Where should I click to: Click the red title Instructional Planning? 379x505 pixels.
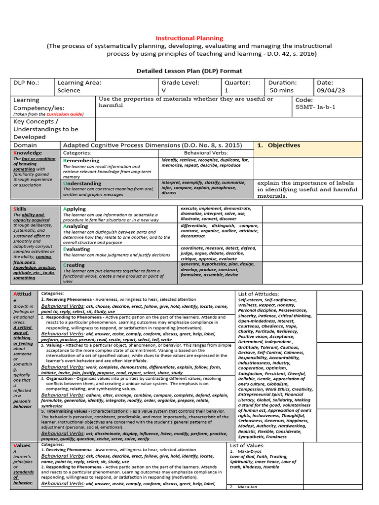[x=189, y=38]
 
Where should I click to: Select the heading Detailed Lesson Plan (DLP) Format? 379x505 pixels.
[x=189, y=71]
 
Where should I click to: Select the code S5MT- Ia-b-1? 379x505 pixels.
[x=315, y=107]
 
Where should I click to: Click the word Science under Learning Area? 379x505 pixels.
[x=69, y=90]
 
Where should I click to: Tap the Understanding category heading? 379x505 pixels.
[x=83, y=183]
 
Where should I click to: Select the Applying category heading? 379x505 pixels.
[x=75, y=209]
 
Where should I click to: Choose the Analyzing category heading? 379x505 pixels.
[x=76, y=226]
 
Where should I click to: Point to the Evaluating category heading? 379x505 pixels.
[x=76, y=249]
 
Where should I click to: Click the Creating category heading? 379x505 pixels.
[x=74, y=265]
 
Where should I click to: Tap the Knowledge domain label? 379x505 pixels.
[x=28, y=153]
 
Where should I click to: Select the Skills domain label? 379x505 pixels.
[x=20, y=209]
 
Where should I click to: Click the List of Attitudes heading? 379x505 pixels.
[x=258, y=294]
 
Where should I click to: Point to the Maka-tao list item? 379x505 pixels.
[x=247, y=487]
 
